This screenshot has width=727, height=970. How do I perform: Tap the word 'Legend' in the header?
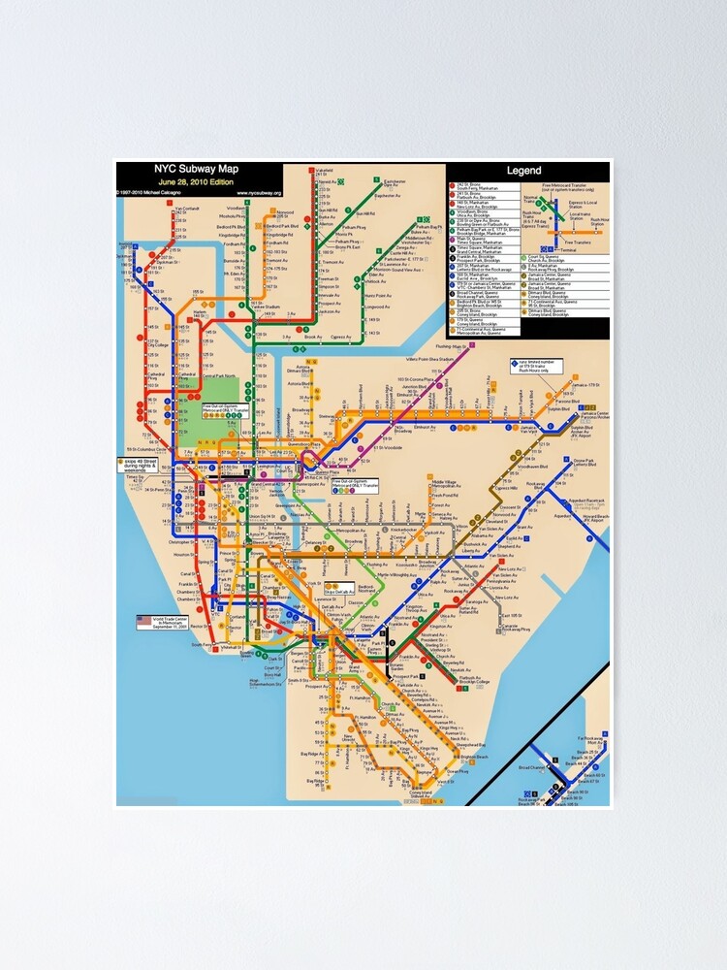(523, 172)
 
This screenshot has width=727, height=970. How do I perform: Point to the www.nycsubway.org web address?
(270, 192)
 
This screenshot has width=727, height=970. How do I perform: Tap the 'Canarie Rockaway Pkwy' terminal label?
(511, 627)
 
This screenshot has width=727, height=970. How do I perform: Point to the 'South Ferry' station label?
(200, 644)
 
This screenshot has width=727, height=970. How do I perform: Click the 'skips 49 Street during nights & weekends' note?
(145, 463)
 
